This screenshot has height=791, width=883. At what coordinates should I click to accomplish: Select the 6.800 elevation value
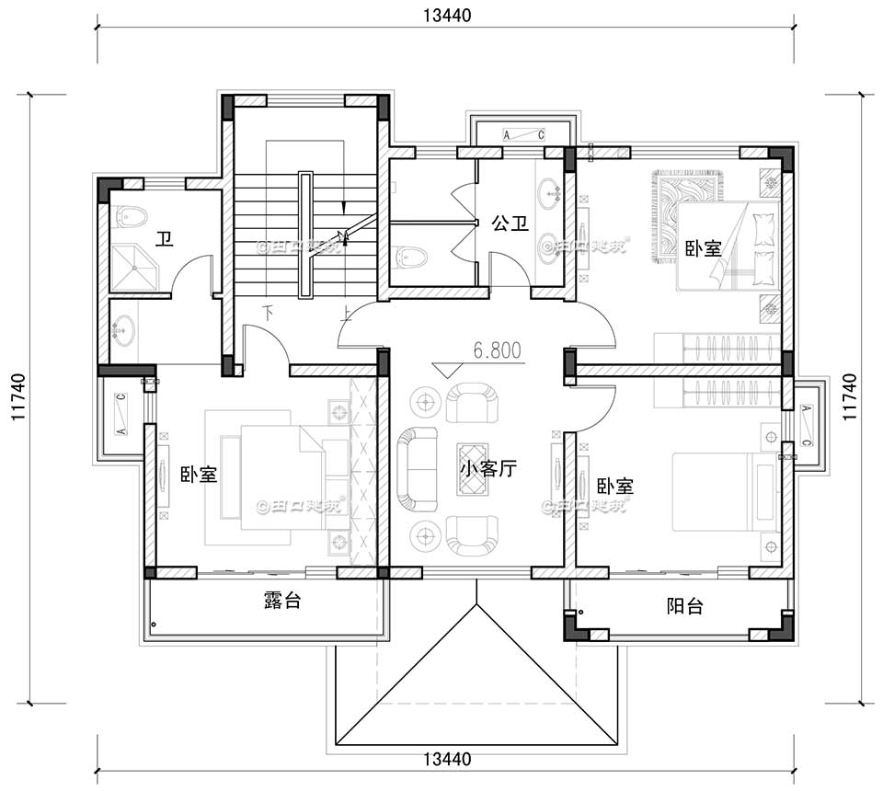[x=497, y=350]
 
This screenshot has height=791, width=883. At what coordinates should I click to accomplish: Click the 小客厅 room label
[x=488, y=468]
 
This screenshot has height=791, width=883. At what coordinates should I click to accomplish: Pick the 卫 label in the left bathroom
[x=165, y=240]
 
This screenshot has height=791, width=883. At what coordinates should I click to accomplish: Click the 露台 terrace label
[x=281, y=602]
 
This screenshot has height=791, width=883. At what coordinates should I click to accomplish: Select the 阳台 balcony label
[x=684, y=606]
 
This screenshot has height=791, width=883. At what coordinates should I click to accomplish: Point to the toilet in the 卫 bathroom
[x=132, y=217]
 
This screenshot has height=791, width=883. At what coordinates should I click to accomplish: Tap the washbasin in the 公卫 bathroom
[x=553, y=193]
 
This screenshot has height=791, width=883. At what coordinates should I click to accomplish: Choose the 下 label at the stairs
[x=269, y=312]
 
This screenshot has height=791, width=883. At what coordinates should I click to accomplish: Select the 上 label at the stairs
[x=346, y=312]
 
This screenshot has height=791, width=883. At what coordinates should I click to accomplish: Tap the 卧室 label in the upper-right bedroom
[x=703, y=249]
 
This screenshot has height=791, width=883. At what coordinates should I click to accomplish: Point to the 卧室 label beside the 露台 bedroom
[x=199, y=475]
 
